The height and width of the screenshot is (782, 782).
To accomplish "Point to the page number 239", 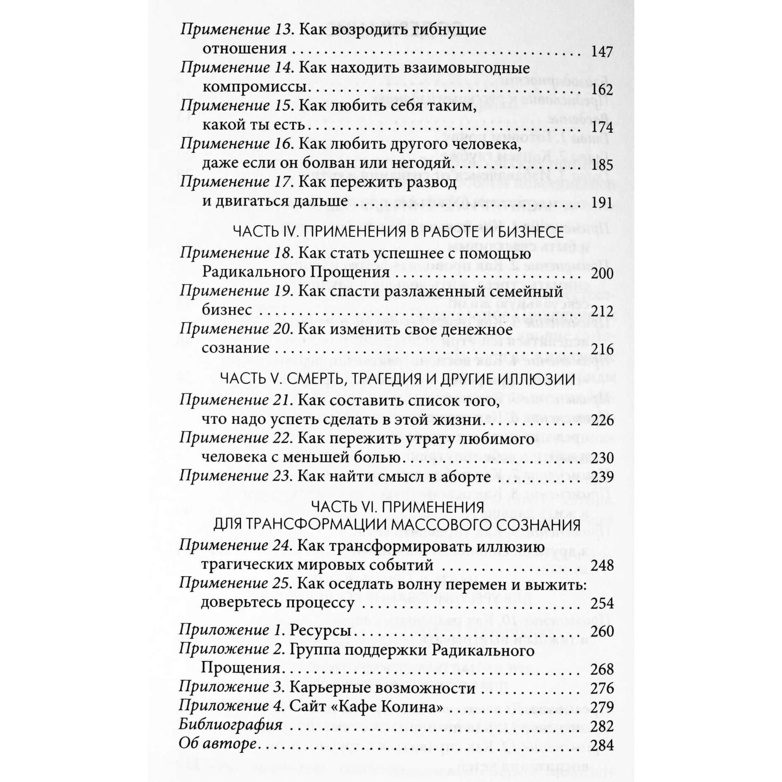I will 602,477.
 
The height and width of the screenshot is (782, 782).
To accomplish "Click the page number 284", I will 602,745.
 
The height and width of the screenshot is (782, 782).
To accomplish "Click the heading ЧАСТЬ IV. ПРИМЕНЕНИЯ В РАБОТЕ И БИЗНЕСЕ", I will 398,232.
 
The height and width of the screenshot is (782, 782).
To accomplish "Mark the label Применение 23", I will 234,476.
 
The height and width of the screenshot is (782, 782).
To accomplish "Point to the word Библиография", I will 230,726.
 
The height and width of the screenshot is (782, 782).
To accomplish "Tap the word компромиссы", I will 254,88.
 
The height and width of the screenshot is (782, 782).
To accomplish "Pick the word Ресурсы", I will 321,631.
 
